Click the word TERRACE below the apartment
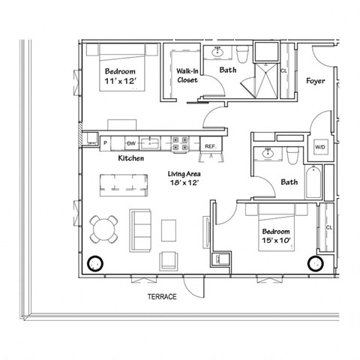tap(160, 298)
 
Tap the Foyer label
tap(316, 80)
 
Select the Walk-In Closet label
tap(187, 75)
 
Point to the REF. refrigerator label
tap(209, 146)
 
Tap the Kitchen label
tap(131, 159)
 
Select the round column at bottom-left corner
tap(95, 265)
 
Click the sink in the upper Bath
tap(219, 52)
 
